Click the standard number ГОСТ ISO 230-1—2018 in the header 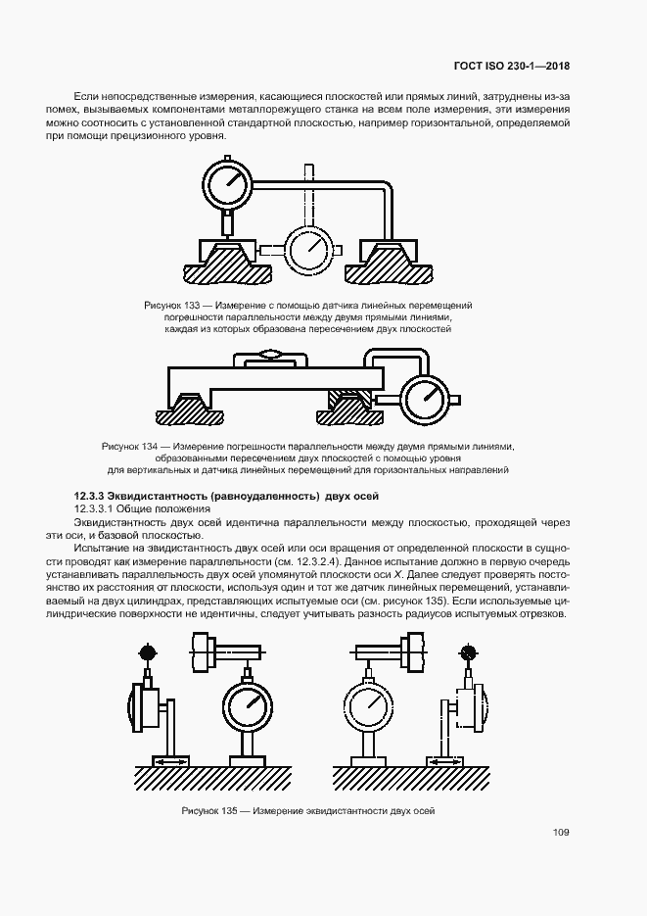pyautogui.click(x=512, y=67)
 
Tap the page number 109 pyautogui.click(x=561, y=833)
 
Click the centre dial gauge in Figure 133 pyautogui.click(x=310, y=247)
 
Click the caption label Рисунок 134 pyautogui.click(x=126, y=447)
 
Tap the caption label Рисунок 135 pyautogui.click(x=208, y=811)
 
